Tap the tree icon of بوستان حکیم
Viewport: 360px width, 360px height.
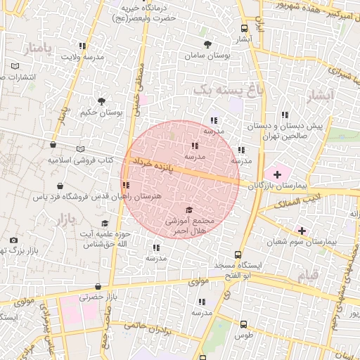[x=102, y=101]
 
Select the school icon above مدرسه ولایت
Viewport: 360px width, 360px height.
[x=82, y=46]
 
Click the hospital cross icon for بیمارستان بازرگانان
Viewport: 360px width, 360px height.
[x=276, y=173]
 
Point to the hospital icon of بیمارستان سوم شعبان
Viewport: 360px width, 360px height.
[x=302, y=230]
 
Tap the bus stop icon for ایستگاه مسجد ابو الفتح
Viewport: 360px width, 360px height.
[x=239, y=255]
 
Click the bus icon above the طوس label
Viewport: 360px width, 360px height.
[x=243, y=324]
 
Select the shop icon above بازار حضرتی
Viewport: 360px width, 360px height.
[x=96, y=285]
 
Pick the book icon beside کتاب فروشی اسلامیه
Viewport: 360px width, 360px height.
[x=80, y=149]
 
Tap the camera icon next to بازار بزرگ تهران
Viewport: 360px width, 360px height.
[x=13, y=240]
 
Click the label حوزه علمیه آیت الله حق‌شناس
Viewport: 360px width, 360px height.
[x=103, y=239]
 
